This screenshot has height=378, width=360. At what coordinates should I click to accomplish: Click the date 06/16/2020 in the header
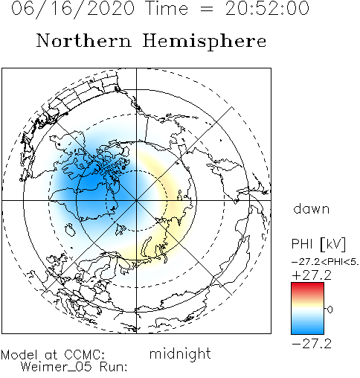coord(73,9)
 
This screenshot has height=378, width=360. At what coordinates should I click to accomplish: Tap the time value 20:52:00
coord(267,8)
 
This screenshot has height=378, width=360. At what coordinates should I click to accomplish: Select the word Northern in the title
coord(84,41)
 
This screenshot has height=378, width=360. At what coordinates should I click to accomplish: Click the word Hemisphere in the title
coord(205,42)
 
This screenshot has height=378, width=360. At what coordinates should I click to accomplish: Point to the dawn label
coord(312,208)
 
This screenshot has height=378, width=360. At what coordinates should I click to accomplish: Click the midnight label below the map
coord(180,353)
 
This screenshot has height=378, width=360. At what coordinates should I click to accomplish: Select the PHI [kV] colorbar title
coord(318,244)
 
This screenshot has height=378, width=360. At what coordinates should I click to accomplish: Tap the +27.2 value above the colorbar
coord(312,275)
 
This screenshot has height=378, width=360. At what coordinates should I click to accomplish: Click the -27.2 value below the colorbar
coord(312,345)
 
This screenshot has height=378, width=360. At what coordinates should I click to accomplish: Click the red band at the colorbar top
coord(307,287)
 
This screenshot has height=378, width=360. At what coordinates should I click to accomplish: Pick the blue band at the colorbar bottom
coord(307,329)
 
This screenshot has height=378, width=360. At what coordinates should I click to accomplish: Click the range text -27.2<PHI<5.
coord(325,262)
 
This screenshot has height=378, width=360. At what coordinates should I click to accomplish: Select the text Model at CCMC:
coord(53,355)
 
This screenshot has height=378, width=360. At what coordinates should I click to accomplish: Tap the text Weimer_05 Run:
coord(74,367)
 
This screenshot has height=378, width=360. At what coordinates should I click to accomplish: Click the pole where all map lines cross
coord(136,200)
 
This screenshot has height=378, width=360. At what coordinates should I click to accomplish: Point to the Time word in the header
coord(167,8)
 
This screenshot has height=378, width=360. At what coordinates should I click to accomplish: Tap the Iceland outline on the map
coord(71,230)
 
